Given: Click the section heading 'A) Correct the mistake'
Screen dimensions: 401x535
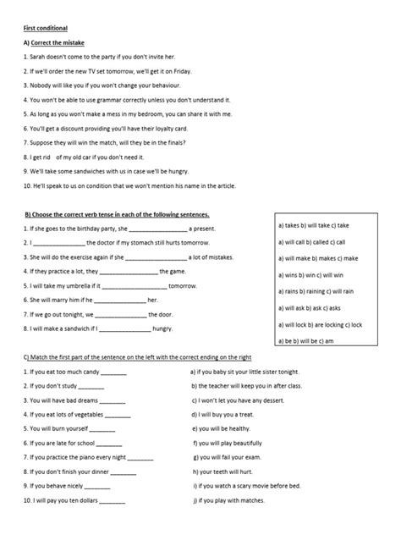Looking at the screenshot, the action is (x=54, y=41).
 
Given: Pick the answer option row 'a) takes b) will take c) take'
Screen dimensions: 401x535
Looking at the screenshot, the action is (x=313, y=227).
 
